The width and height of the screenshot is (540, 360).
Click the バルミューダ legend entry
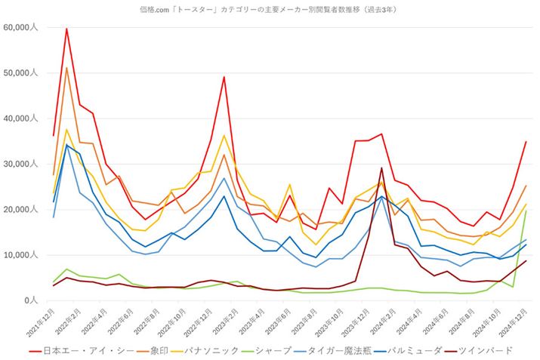click(426, 350)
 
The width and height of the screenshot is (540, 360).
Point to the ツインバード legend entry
click(495, 350)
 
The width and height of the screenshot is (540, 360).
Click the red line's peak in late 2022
click(224, 77)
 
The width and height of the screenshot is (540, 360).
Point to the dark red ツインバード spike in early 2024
click(381, 168)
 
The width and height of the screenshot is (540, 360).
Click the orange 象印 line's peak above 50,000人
click(66, 68)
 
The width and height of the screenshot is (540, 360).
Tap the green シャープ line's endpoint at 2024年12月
click(526, 211)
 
